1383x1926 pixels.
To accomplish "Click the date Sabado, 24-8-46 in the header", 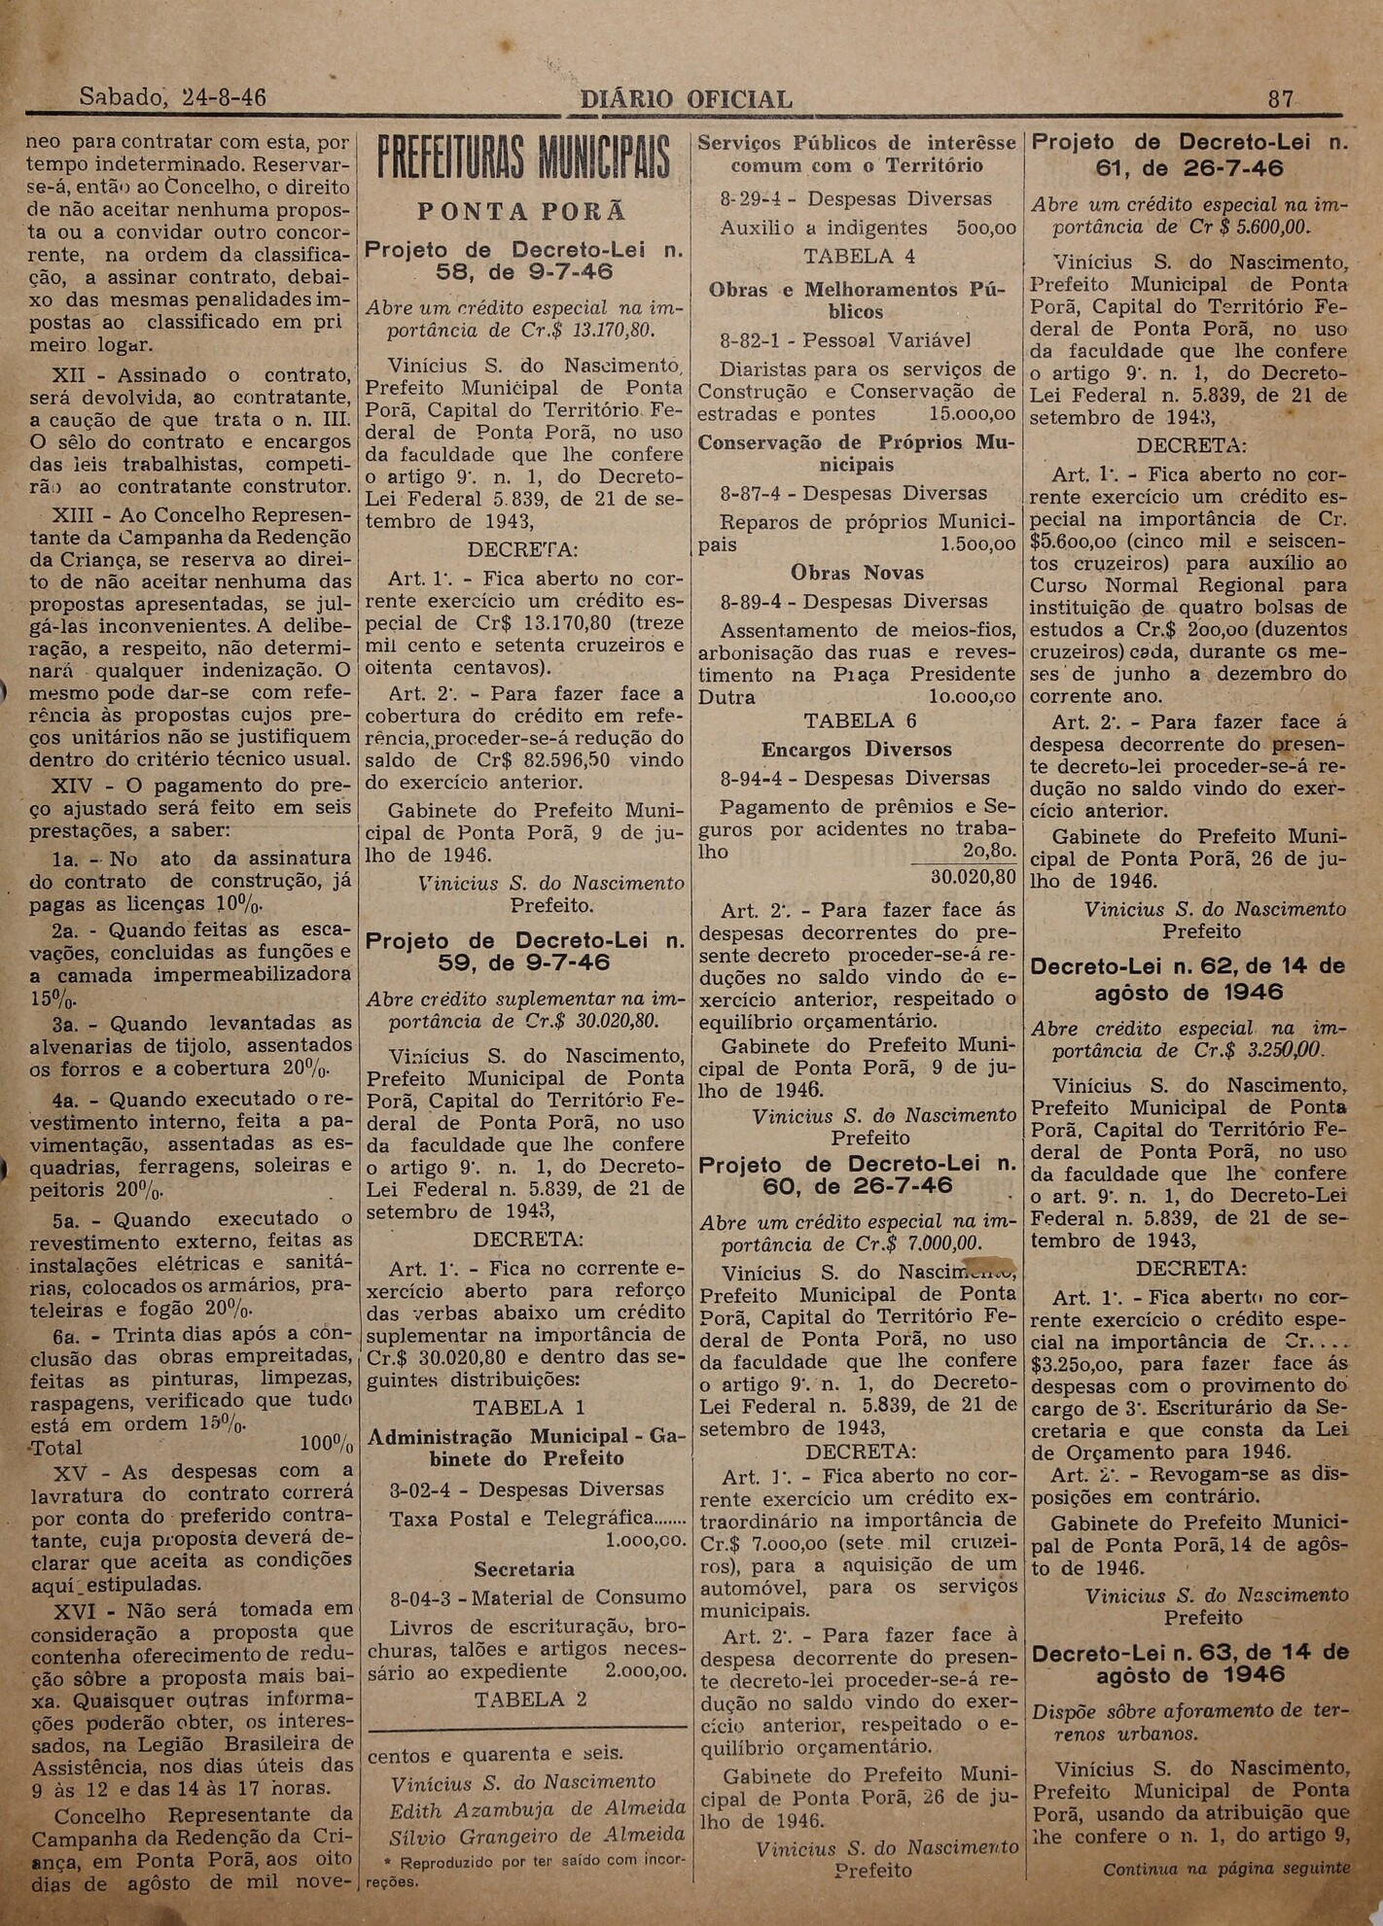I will pos(172,99).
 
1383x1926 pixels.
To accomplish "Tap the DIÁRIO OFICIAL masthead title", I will pos(685,99).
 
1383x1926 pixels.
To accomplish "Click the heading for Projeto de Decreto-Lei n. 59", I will pos(524,952).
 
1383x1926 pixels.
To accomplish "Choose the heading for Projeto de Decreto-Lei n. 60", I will pos(858,1175).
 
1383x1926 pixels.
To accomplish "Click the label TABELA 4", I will pos(848,257).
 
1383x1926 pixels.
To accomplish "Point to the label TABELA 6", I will pos(848,720).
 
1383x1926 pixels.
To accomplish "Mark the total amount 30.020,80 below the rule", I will pos(973,876).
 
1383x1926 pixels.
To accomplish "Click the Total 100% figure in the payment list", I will pos(326,1445).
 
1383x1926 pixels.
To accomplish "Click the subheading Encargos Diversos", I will pos(856,750).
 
